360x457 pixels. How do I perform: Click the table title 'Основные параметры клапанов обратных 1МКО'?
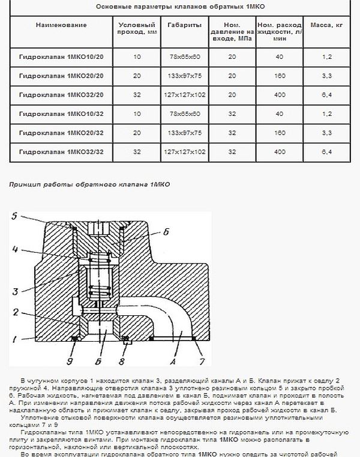pyautogui.click(x=181, y=7)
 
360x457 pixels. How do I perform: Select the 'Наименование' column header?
pyautogui.click(x=61, y=26)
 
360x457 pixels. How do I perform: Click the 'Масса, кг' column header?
pyautogui.click(x=326, y=26)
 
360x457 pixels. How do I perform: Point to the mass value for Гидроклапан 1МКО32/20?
pyautogui.click(x=326, y=95)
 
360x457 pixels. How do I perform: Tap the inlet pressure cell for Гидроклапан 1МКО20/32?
pyautogui.click(x=231, y=133)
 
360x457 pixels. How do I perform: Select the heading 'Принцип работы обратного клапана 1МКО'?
pyautogui.click(x=89, y=184)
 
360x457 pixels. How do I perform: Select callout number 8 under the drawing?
pyautogui.click(x=122, y=362)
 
